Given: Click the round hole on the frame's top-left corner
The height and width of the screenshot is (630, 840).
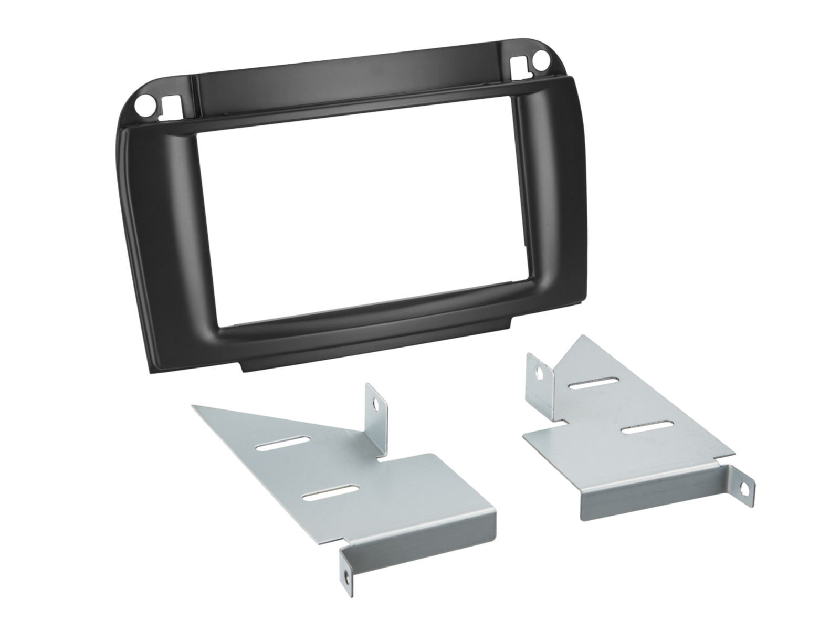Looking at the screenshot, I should click(x=142, y=106).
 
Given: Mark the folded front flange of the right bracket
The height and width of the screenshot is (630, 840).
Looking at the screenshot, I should click(x=651, y=488).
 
